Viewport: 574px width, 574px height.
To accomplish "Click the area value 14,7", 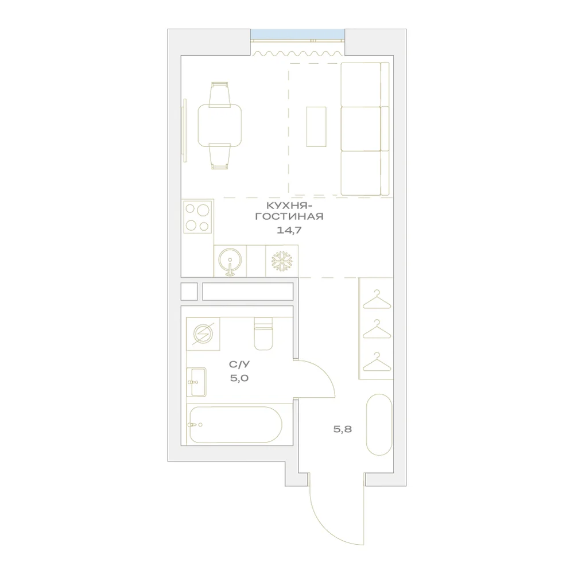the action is tap(289, 230).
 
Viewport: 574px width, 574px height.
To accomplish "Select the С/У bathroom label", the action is tap(239, 364).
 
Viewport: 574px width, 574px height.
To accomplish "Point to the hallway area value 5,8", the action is tap(343, 429).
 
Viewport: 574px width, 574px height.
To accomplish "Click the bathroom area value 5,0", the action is tap(239, 378).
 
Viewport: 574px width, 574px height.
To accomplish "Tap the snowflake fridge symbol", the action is tap(282, 261).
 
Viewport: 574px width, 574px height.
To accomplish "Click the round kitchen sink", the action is tap(230, 261).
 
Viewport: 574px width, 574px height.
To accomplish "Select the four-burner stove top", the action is tap(198, 217).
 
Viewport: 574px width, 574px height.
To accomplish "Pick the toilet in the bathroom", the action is tap(263, 333).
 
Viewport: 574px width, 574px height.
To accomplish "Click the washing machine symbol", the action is tap(203, 334).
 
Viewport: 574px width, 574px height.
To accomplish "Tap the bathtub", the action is tap(236, 425).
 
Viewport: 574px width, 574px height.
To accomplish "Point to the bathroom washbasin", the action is tap(196, 382).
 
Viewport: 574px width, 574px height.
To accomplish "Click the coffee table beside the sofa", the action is tap(316, 127).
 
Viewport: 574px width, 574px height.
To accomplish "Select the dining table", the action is tap(220, 125).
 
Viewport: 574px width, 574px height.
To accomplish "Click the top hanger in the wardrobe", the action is tap(377, 299).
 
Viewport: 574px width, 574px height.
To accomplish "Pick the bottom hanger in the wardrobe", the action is tap(377, 362).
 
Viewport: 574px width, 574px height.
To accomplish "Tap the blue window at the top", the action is tap(297, 34).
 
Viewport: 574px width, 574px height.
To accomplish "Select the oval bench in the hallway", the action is tap(379, 425).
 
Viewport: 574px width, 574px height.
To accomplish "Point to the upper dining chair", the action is tap(220, 95).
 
